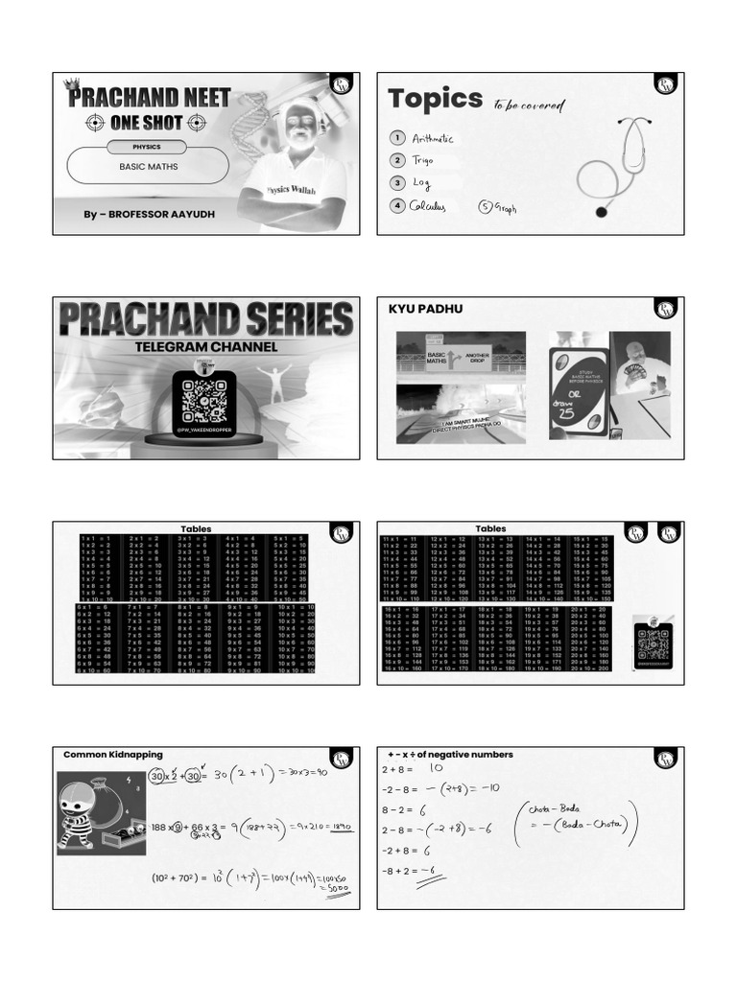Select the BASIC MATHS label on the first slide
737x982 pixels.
click(148, 167)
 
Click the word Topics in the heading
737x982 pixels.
click(435, 99)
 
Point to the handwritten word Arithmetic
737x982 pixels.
click(432, 139)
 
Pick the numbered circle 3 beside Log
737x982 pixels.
click(396, 182)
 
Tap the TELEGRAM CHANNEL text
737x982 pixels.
click(205, 346)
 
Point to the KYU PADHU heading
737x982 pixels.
click(418, 309)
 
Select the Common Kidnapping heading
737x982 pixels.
click(113, 755)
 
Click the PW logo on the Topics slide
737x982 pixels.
click(666, 85)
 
